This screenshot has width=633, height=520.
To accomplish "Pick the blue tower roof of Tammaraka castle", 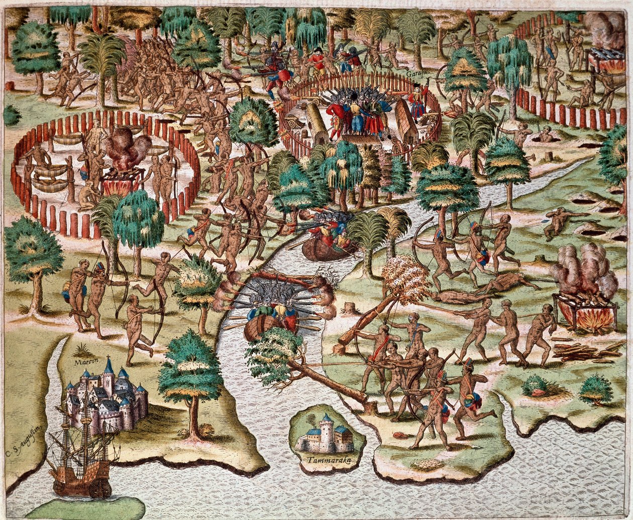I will (327, 419).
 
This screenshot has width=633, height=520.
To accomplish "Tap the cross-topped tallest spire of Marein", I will (108, 365).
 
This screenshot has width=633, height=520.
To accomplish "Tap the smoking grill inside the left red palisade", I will (121, 178).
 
